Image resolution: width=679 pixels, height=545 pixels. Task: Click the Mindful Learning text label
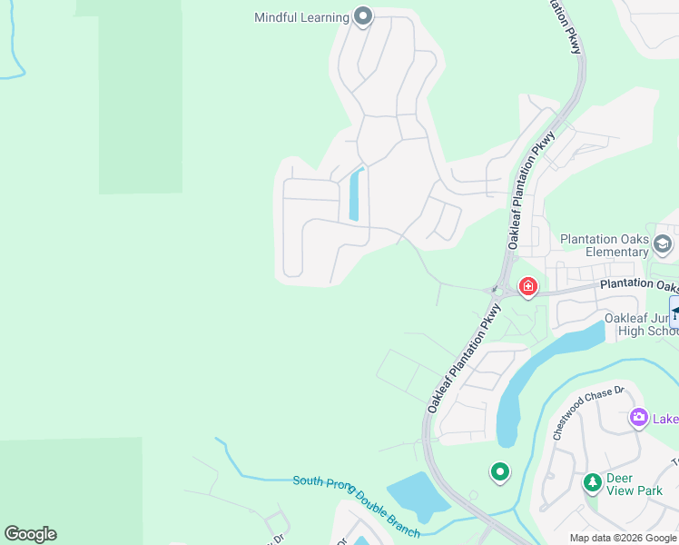pyautogui.click(x=301, y=17)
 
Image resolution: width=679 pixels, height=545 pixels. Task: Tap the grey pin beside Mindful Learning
pyautogui.click(x=363, y=15)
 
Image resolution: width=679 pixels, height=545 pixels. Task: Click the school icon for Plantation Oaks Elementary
pyautogui.click(x=663, y=243)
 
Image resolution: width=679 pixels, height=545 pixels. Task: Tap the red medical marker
pyautogui.click(x=527, y=288)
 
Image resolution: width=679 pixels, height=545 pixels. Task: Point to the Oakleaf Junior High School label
pyautogui.click(x=641, y=324)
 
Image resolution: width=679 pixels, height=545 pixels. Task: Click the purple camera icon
pyautogui.click(x=638, y=418)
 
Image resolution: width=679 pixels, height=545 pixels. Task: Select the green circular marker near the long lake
pyautogui.click(x=499, y=471)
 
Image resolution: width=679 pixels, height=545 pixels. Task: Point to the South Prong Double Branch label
pyautogui.click(x=356, y=506)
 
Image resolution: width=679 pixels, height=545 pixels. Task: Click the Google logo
pyautogui.click(x=30, y=534)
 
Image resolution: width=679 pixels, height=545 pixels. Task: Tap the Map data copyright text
pyautogui.click(x=623, y=538)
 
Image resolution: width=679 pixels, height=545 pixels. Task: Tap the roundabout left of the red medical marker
pyautogui.click(x=496, y=291)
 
